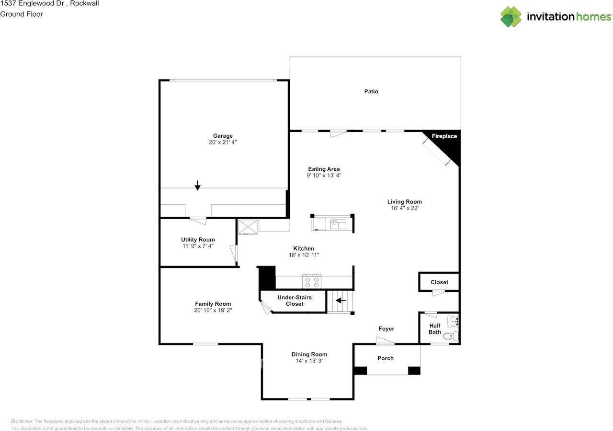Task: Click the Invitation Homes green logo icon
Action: pos(511,17)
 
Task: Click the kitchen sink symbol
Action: pos(338,224)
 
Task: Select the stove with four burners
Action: pos(312,281)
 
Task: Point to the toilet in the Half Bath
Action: pos(451,336)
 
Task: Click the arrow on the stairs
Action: pos(341,300)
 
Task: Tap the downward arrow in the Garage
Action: pos(197,185)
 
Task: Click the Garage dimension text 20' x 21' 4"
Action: pos(223,142)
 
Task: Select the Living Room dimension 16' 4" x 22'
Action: pos(405,208)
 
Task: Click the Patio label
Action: pos(371,91)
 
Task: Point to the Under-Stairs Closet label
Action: pos(295,300)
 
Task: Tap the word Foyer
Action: pos(386,329)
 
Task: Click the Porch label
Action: pos(386,358)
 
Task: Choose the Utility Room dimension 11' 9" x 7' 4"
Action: pos(198,246)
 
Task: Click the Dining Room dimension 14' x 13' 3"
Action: pos(309,361)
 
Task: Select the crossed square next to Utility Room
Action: pos(248,227)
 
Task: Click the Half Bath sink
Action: pos(453,321)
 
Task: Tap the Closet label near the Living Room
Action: pos(439,282)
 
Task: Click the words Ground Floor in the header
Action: pos(22,14)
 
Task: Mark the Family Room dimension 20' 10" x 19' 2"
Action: pos(213,310)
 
